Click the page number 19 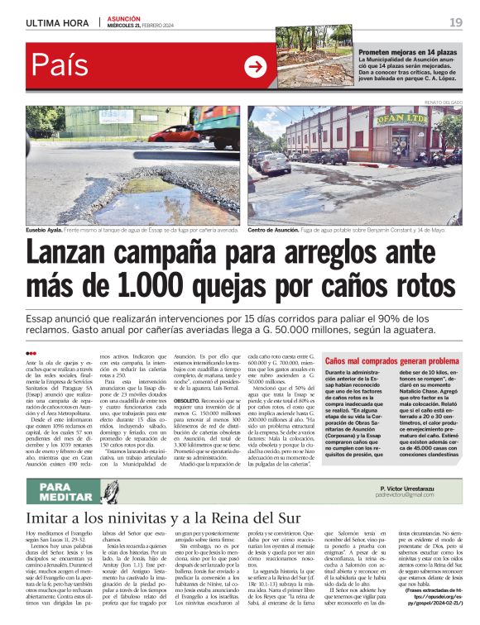[455, 23]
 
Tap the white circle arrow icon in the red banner [255, 66]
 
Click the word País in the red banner [61, 67]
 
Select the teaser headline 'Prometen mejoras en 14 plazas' [407, 52]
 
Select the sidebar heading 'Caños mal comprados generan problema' [391, 361]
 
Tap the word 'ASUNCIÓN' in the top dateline [125, 17]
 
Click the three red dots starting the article [31, 354]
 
